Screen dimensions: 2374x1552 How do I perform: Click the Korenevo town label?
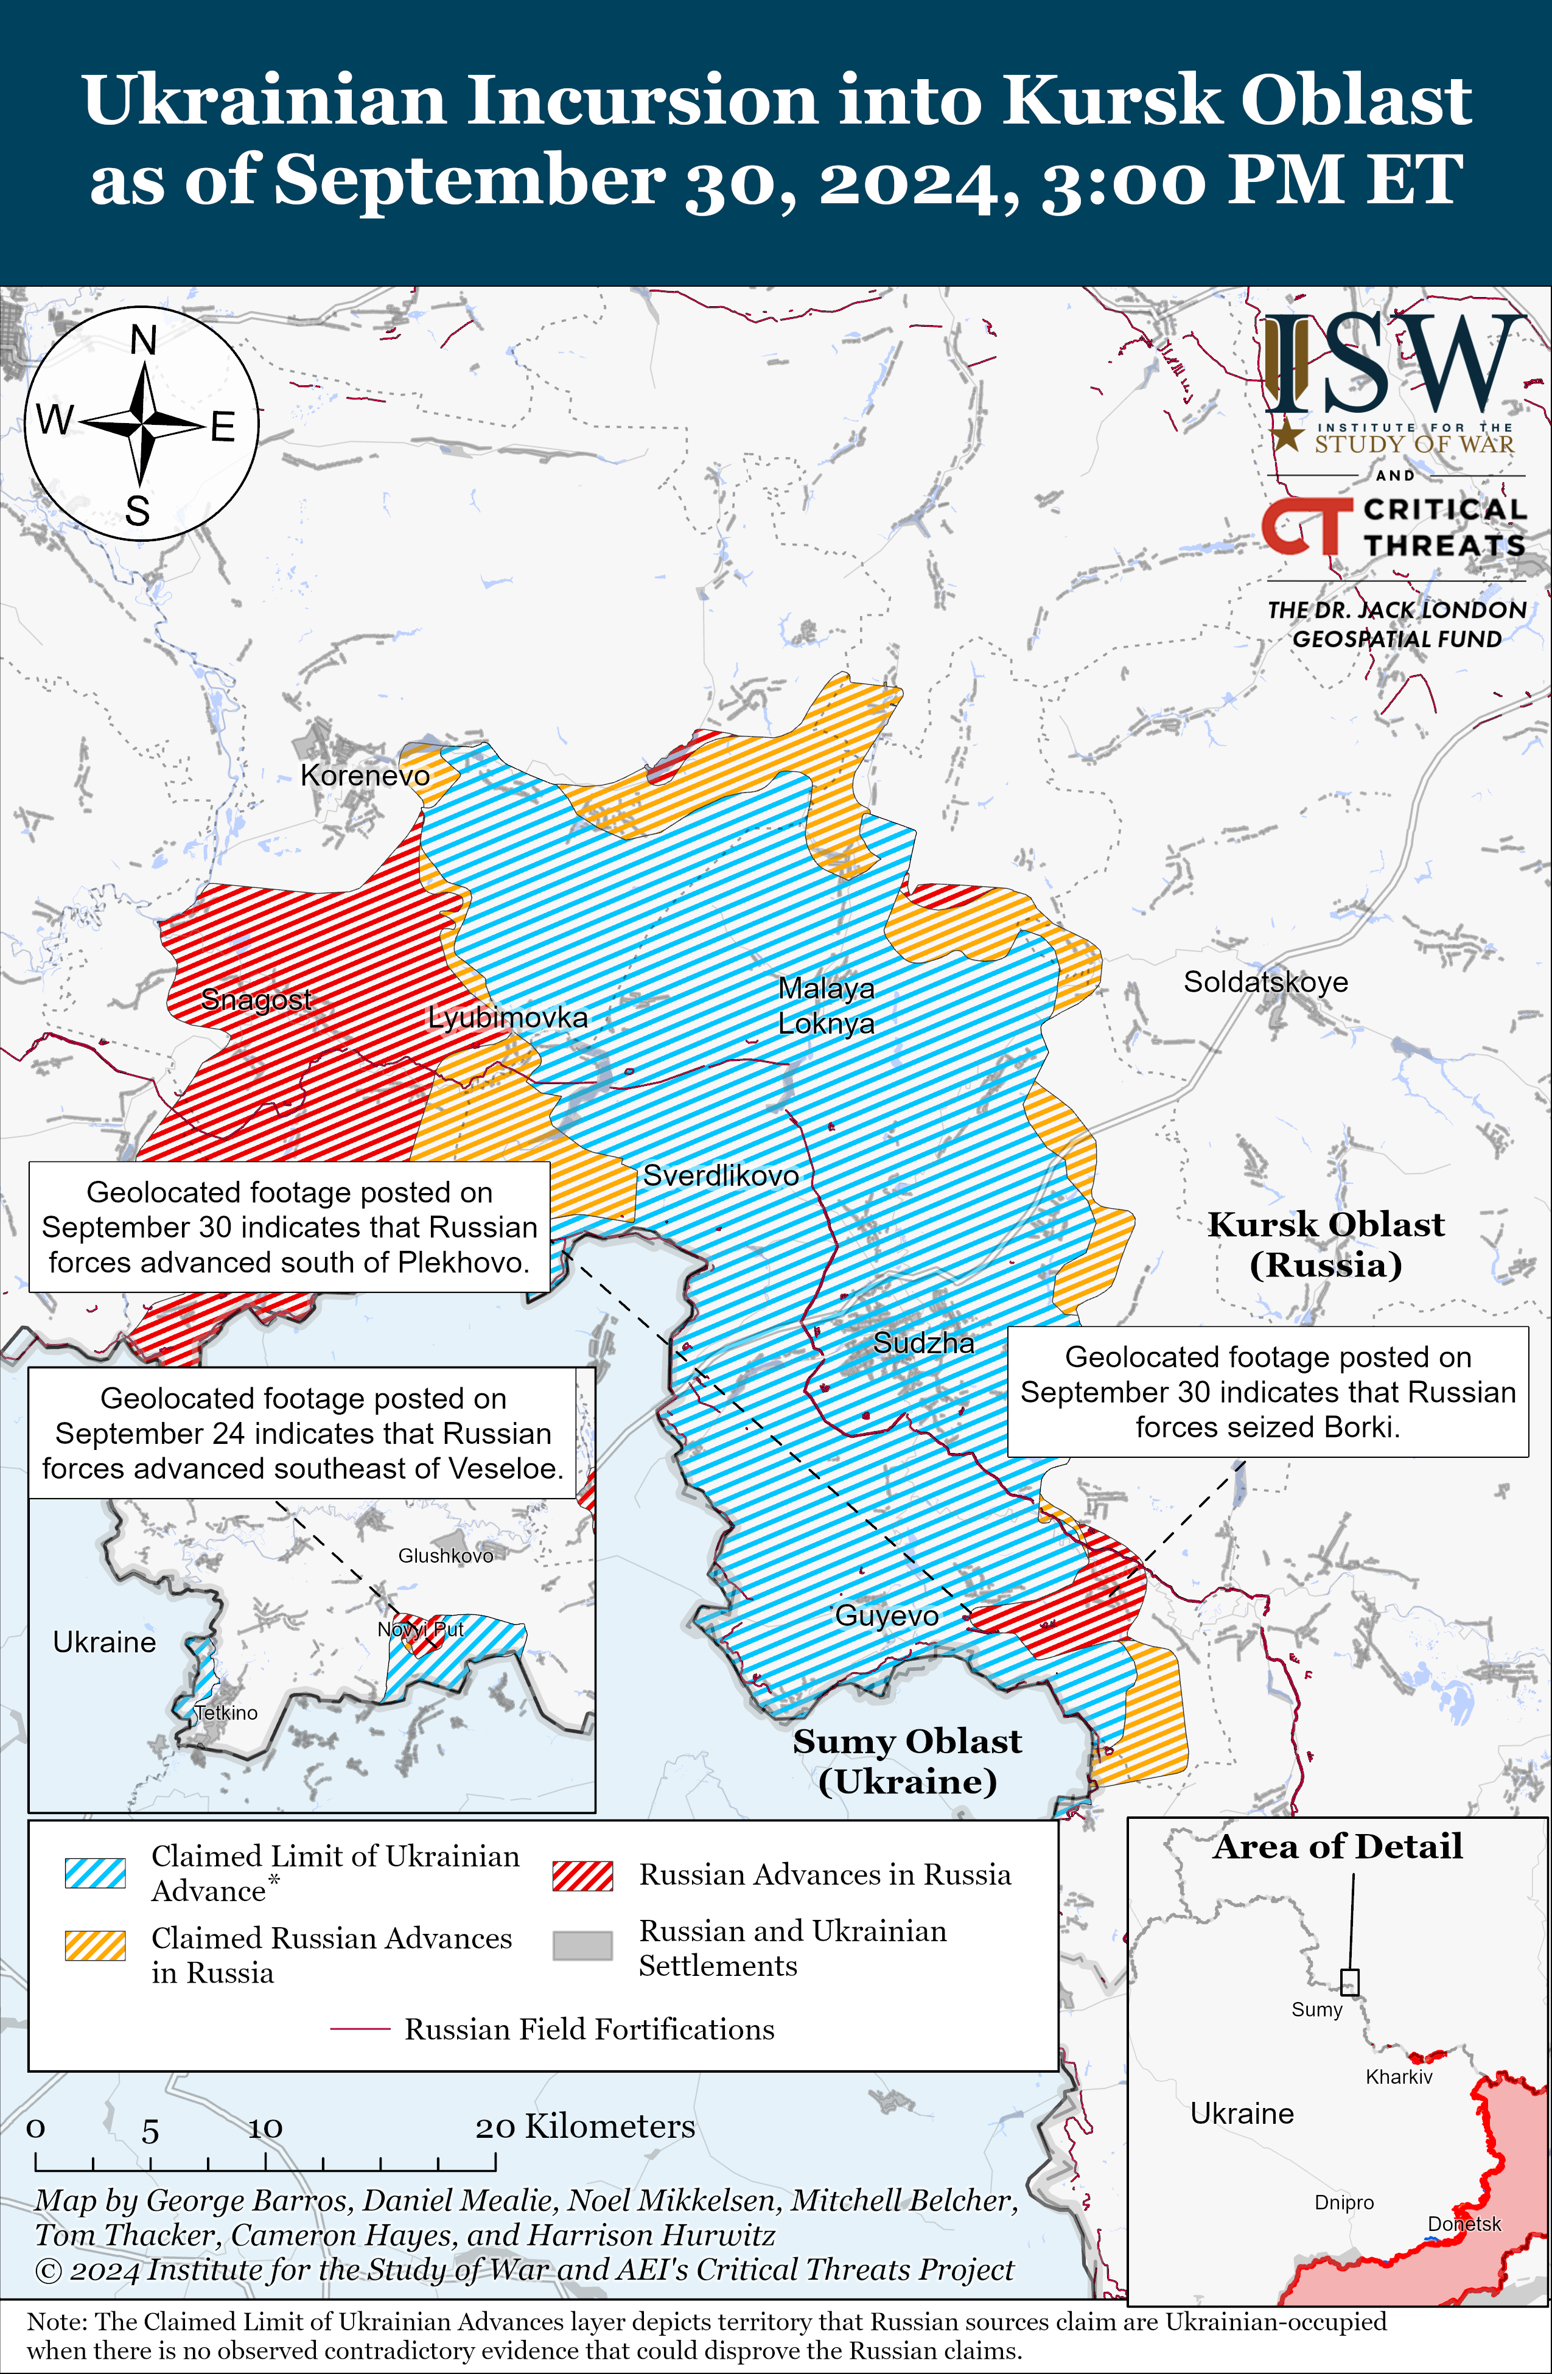pos(365,775)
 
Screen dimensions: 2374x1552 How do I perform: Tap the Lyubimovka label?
pos(508,1017)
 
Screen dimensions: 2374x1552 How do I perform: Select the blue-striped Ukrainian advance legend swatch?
pos(95,1873)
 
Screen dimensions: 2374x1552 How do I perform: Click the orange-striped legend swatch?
pos(95,1945)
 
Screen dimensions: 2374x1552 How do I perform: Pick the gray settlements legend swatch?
pos(582,1945)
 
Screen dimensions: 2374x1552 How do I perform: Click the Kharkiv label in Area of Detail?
pos(1399,2077)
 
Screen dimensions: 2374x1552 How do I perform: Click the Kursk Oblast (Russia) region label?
pos(1326,1244)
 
